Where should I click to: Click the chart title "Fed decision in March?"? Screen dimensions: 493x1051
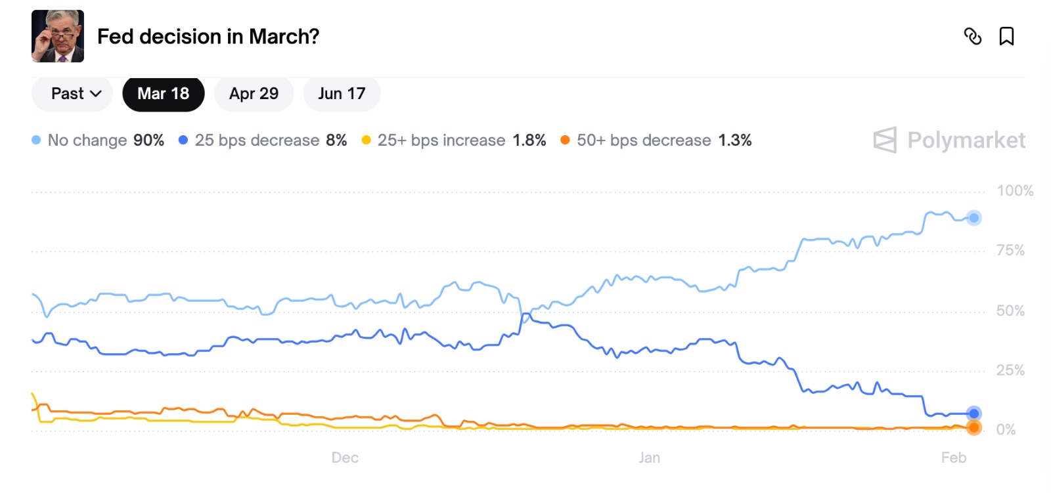pos(208,37)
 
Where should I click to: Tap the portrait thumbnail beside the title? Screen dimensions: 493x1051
pos(58,36)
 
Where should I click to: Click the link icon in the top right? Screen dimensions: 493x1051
pos(972,36)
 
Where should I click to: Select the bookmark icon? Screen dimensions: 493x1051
pos(1006,36)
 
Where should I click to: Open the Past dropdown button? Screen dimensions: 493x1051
pos(72,94)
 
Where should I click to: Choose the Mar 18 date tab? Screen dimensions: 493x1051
pos(163,94)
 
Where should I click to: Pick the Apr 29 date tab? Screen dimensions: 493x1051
pos(254,94)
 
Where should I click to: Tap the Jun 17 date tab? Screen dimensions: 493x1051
pos(342,94)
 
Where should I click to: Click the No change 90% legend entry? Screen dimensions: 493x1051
pos(99,140)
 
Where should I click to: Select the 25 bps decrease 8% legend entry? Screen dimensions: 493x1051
pos(263,140)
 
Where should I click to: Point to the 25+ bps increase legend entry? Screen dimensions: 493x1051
pos(454,140)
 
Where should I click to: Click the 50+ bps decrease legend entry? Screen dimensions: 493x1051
pos(656,140)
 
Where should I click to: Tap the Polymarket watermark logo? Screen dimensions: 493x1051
pos(949,140)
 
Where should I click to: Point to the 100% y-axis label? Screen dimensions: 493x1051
pos(1014,191)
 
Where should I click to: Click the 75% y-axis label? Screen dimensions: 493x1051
pos(1010,250)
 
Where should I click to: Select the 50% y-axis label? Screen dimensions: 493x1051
pos(1010,311)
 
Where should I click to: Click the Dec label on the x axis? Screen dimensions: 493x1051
pos(345,458)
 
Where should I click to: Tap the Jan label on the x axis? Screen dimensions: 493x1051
pos(649,458)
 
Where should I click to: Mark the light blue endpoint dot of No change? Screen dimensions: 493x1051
pos(973,218)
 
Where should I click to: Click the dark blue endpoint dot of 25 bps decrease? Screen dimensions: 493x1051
pos(973,413)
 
